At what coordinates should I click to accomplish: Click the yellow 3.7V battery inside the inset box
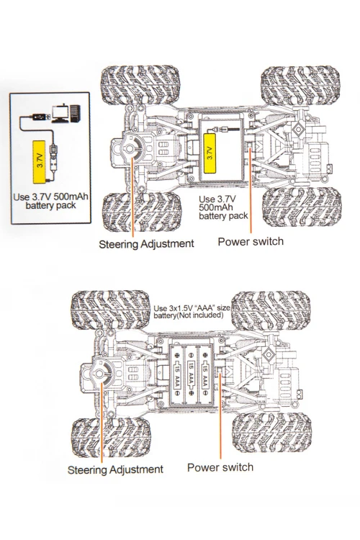[40, 161]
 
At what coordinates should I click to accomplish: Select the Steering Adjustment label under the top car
[146, 244]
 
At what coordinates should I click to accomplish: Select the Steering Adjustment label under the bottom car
[115, 469]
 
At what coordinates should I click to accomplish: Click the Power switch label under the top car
[251, 241]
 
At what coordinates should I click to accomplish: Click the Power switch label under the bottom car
[220, 467]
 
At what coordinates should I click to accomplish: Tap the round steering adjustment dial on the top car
[130, 149]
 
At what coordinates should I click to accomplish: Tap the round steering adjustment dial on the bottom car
[99, 374]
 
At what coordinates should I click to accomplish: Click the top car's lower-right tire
[302, 207]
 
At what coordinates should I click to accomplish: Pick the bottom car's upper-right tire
[271, 310]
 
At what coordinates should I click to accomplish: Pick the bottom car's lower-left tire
[111, 438]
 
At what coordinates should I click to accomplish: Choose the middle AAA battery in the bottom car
[191, 375]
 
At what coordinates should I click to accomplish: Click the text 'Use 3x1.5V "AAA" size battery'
[192, 312]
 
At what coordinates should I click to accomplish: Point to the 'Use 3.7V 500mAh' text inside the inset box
[50, 197]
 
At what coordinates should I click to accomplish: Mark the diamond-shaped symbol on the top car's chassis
[297, 129]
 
